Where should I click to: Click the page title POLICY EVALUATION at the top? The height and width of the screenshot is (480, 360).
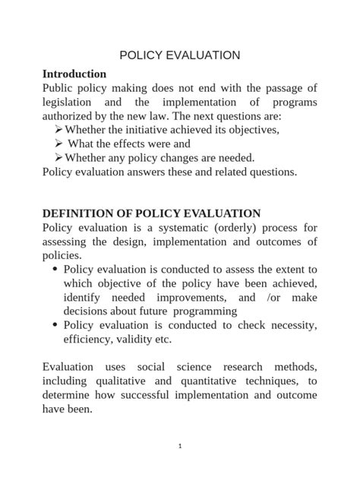click(x=180, y=55)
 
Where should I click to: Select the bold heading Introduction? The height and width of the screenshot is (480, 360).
click(x=74, y=74)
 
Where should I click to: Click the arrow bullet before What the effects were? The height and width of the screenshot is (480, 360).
click(x=59, y=144)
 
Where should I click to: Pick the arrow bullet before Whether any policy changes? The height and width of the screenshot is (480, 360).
click(x=58, y=157)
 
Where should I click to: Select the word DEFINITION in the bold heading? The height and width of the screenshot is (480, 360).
click(x=77, y=213)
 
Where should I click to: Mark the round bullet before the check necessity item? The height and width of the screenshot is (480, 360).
click(x=55, y=325)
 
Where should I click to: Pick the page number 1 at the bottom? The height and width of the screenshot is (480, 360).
click(x=180, y=446)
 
